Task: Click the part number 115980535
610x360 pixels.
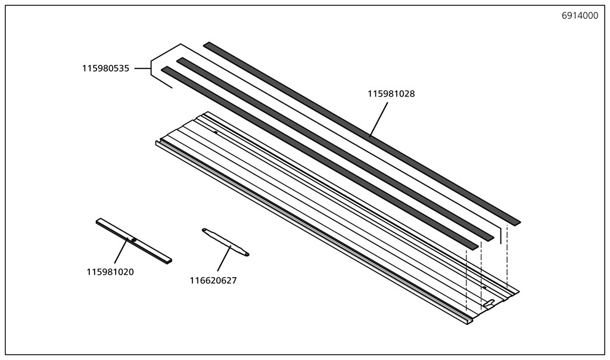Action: pos(105,69)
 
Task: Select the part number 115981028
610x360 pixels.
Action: pos(391,94)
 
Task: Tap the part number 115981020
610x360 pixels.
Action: pos(110,272)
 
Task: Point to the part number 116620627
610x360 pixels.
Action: pos(213,281)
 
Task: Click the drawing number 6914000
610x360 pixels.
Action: pos(580,16)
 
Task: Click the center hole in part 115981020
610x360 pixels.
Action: pos(134,240)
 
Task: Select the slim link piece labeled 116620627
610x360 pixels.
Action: pos(225,241)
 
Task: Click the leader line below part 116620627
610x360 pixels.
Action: pos(223,260)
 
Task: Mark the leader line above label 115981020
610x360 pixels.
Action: pos(120,250)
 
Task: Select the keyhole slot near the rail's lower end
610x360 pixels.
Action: pos(488,305)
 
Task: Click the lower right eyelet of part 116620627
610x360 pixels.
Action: pos(246,254)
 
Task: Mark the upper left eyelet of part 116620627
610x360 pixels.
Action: pos(204,229)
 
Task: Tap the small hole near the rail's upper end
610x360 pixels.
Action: pos(215,132)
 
